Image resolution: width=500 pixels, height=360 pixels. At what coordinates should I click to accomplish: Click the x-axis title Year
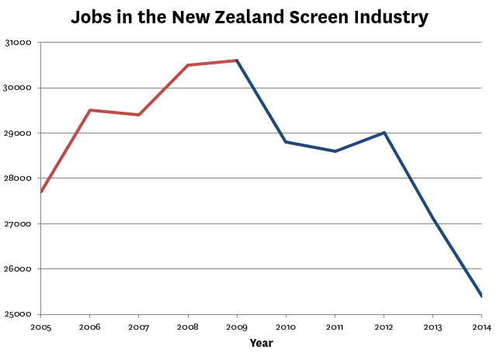(x=261, y=342)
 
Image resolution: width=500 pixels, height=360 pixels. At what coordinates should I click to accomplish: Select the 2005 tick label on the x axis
(x=41, y=327)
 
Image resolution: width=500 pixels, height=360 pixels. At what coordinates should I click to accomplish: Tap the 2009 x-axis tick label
(x=237, y=327)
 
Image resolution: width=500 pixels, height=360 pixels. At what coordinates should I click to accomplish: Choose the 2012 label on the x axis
(x=384, y=327)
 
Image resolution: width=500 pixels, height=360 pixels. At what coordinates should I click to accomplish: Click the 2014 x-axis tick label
(x=481, y=327)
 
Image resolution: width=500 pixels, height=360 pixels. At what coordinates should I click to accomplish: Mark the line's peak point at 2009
(x=237, y=61)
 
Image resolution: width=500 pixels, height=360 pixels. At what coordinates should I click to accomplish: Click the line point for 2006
(x=90, y=110)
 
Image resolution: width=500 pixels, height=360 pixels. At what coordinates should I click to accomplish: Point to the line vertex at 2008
(x=188, y=65)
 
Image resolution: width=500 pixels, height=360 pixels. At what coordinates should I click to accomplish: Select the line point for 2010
(x=286, y=142)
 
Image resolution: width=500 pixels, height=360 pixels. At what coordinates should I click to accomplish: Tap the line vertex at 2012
(x=384, y=133)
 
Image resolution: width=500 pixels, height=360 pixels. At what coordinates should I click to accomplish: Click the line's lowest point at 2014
(x=481, y=296)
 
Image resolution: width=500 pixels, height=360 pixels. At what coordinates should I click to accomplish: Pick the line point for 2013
(x=432, y=219)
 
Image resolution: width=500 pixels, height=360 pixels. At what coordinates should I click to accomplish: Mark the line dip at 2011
(x=335, y=151)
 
